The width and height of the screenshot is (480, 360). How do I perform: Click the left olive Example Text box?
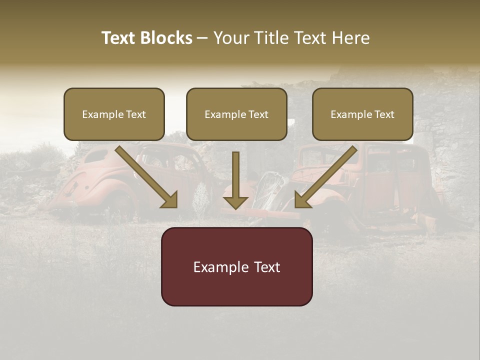(114, 114)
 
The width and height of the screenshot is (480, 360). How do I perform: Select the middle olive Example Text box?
(236, 114)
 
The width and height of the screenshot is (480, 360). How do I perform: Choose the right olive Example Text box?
(362, 114)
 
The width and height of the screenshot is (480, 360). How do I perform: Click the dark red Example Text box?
(236, 266)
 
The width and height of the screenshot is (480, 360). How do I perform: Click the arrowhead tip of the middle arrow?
(235, 207)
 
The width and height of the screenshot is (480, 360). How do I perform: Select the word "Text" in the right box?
(384, 114)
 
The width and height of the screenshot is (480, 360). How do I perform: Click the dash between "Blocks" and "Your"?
(202, 38)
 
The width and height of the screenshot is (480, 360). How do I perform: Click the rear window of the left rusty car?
(97, 156)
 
